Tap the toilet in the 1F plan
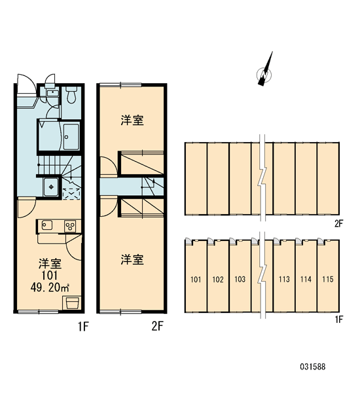tap(71, 95)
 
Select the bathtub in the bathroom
tap(71, 137)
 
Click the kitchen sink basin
tap(47, 225)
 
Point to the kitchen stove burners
tap(71, 227)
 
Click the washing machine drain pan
tap(51, 187)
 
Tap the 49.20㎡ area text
tap(50, 288)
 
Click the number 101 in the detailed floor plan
tap(49, 275)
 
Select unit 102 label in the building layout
tap(218, 279)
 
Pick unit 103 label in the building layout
tap(240, 279)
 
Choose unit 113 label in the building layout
tap(284, 279)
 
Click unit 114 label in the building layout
tap(306, 279)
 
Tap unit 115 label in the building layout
tap(328, 279)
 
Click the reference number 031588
tap(313, 367)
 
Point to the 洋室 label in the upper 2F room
tap(132, 120)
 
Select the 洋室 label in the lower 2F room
tap(132, 259)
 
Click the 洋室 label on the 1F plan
tap(50, 263)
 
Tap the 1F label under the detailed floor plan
tap(83, 326)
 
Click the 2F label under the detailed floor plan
tap(157, 326)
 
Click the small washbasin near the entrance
tap(52, 93)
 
